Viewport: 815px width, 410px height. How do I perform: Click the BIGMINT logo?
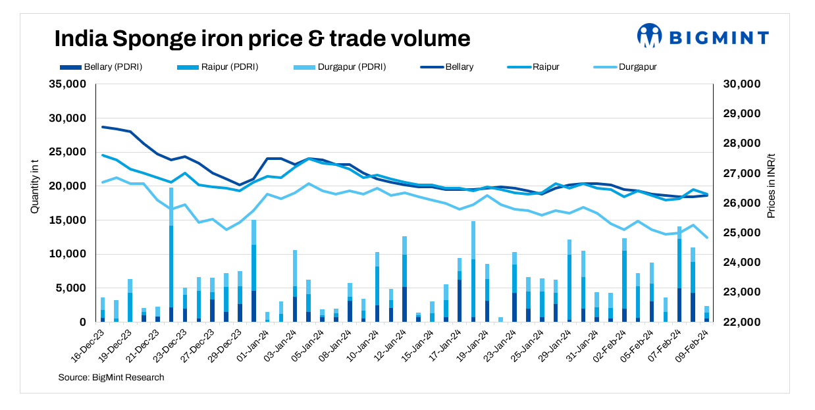(x=702, y=36)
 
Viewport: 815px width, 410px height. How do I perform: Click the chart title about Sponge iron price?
(x=262, y=38)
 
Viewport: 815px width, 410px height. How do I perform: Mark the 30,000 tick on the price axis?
(x=743, y=84)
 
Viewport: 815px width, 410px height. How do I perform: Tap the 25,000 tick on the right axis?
(x=743, y=233)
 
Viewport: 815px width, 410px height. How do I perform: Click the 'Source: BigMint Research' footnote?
(x=111, y=378)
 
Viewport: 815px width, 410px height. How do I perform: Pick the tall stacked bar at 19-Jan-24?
(x=473, y=272)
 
